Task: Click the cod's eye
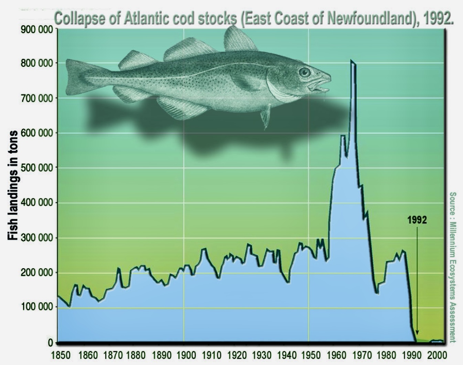point(304,72)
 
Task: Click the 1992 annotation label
point(417,220)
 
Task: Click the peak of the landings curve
point(351,61)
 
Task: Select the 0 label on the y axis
point(50,343)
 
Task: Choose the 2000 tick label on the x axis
point(436,355)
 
